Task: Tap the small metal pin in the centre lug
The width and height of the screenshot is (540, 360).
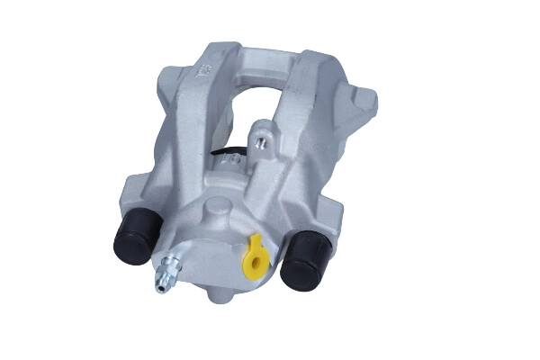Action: tap(261, 141)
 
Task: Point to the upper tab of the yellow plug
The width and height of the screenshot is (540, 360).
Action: tap(255, 242)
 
